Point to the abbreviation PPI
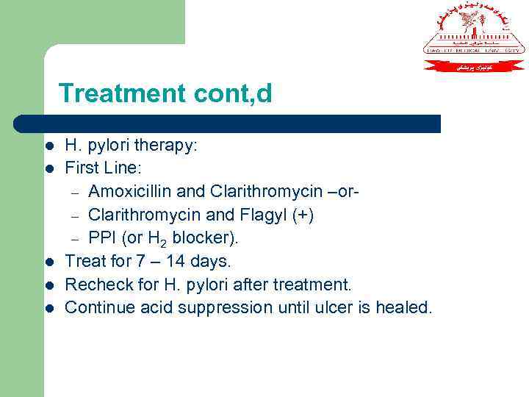tap(101, 238)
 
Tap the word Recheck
tap(93, 285)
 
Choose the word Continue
tap(95, 307)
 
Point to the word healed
tap(404, 307)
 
